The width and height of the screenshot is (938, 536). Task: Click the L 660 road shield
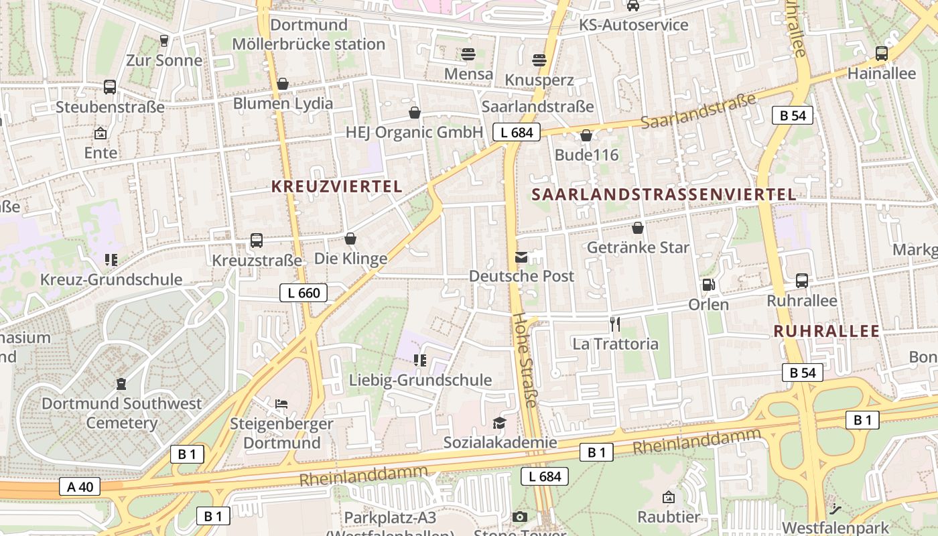tap(304, 292)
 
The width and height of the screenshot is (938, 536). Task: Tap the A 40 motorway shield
tap(80, 486)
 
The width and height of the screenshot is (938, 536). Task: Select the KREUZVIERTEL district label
tap(336, 187)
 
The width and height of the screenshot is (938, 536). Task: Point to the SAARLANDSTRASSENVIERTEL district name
tap(664, 195)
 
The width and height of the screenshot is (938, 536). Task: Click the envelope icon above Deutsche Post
tap(521, 257)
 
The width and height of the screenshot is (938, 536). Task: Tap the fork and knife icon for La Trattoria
tap(615, 325)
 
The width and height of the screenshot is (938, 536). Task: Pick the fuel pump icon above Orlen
tap(708, 285)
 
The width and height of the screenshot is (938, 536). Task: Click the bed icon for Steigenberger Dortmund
tap(281, 404)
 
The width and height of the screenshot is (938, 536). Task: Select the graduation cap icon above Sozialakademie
tap(500, 423)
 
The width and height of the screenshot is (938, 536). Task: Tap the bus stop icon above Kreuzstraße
tap(256, 241)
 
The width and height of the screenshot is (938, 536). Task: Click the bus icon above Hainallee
tap(882, 54)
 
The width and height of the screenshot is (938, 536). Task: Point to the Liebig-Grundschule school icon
tap(420, 360)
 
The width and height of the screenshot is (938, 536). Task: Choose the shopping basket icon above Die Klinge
tap(350, 239)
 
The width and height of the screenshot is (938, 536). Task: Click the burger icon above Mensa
tap(468, 54)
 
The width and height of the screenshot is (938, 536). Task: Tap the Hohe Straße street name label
tap(525, 360)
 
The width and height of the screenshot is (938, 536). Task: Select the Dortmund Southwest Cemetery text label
tap(121, 413)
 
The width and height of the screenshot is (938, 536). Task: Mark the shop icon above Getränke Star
tap(638, 228)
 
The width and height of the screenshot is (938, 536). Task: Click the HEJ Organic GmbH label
tap(414, 132)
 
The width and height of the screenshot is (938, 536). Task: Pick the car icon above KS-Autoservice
tap(632, 6)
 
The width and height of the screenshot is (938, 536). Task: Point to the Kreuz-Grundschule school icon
tap(111, 259)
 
